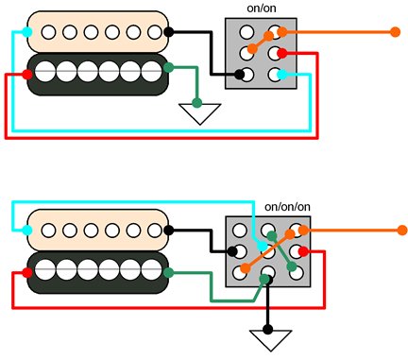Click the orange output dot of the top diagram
395,31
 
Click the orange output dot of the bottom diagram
402,230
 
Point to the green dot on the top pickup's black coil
168,68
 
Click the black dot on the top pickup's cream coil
168,31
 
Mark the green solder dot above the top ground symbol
197,102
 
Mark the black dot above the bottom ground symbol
268,330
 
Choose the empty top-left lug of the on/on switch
246,32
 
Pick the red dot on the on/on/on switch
302,251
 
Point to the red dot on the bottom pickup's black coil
25,272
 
